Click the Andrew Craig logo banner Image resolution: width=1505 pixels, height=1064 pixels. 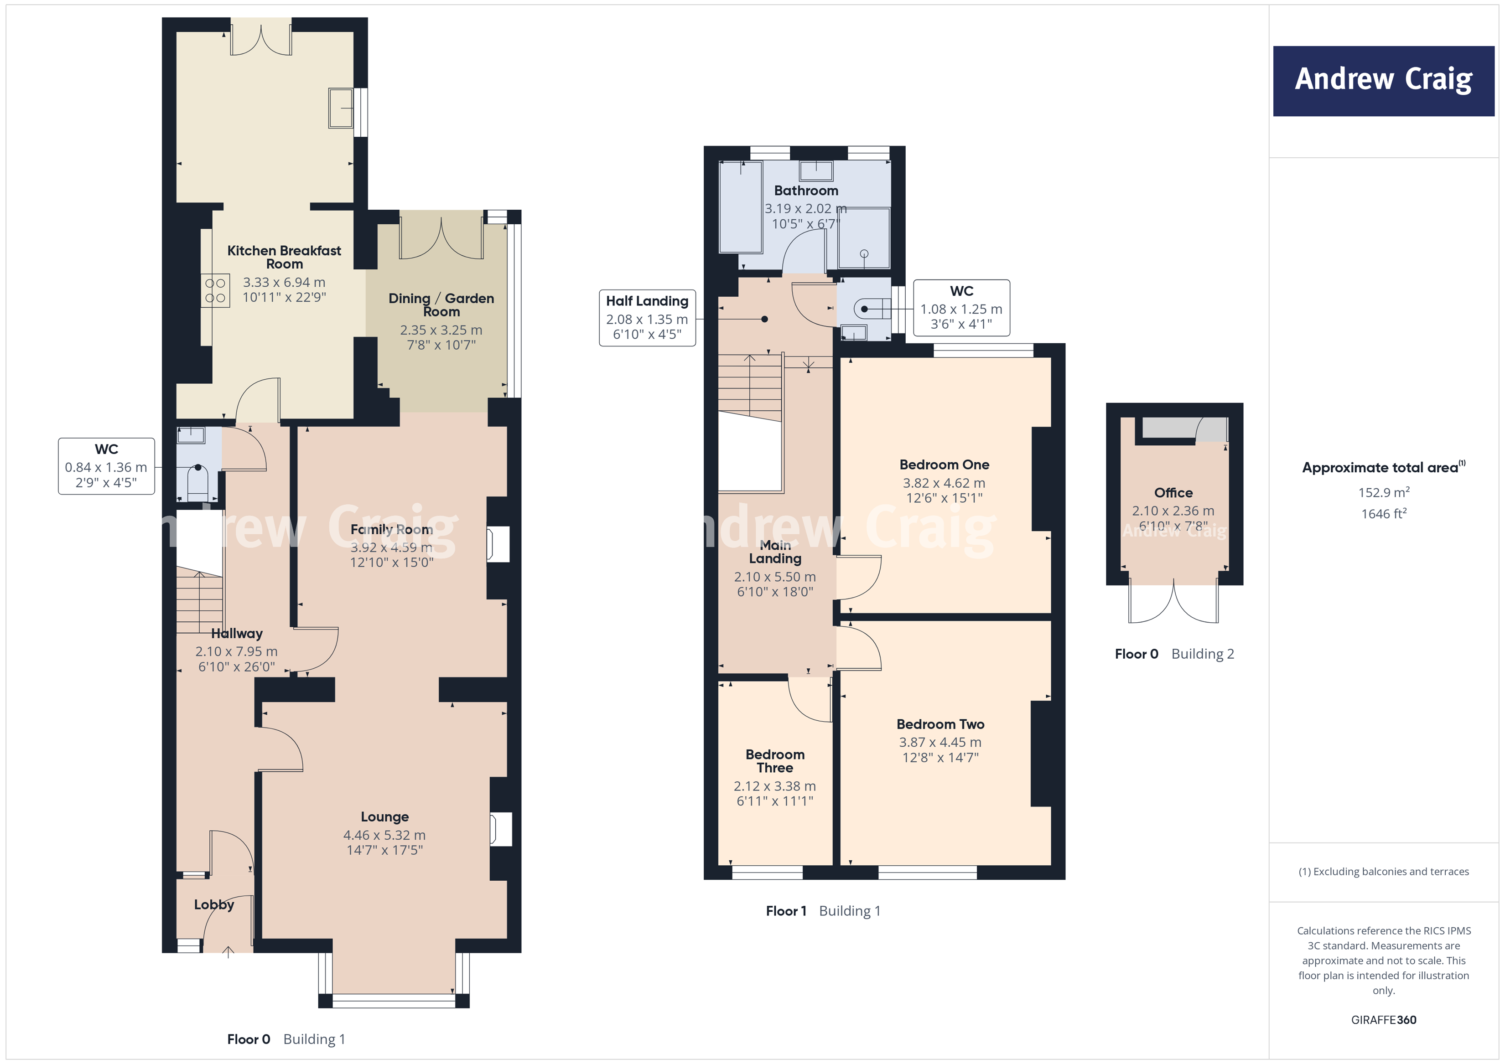click(x=1383, y=81)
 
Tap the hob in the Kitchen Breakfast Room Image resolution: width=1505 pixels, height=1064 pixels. click(x=215, y=290)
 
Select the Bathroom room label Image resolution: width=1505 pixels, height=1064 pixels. click(x=805, y=191)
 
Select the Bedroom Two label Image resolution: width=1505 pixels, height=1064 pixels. click(x=940, y=724)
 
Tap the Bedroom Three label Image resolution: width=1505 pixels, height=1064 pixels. click(x=775, y=761)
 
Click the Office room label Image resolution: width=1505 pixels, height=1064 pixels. click(x=1173, y=493)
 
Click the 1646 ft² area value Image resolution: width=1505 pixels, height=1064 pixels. click(x=1383, y=514)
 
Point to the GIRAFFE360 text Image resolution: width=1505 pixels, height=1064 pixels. click(x=1383, y=1019)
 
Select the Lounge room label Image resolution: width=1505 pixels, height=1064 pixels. click(x=385, y=817)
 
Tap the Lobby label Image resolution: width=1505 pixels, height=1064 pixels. click(x=214, y=905)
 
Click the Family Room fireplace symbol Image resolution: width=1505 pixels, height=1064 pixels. click(x=498, y=544)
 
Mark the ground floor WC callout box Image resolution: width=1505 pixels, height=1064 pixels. click(x=106, y=466)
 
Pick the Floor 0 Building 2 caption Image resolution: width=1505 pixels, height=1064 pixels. click(x=1174, y=654)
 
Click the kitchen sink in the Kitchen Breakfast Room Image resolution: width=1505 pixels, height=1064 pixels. click(x=341, y=108)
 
